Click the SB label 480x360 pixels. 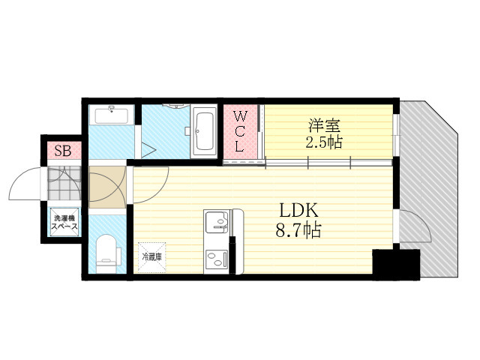click(63, 151)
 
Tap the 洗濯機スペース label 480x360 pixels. click(64, 223)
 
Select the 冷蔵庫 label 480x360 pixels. click(151, 257)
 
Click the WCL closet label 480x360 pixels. click(240, 132)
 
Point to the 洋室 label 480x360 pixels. click(325, 125)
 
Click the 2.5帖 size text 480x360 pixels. click(324, 142)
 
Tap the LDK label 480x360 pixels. click(298, 211)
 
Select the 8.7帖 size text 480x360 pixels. click(298, 230)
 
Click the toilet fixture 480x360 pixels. click(106, 253)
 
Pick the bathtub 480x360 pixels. click(204, 131)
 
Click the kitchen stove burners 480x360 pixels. click(217, 259)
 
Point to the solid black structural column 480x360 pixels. click(396, 264)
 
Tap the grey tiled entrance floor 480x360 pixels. click(64, 183)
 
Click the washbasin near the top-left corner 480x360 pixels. click(112, 115)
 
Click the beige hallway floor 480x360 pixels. click(107, 187)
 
